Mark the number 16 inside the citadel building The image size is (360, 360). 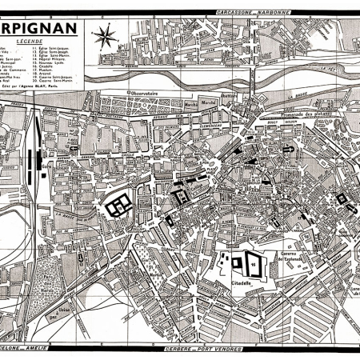pos(253,263)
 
